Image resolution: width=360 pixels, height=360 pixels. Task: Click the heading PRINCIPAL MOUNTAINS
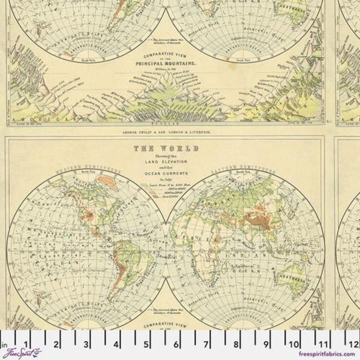(x=166, y=64)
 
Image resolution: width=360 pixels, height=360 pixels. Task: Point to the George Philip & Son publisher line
(x=166, y=133)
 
